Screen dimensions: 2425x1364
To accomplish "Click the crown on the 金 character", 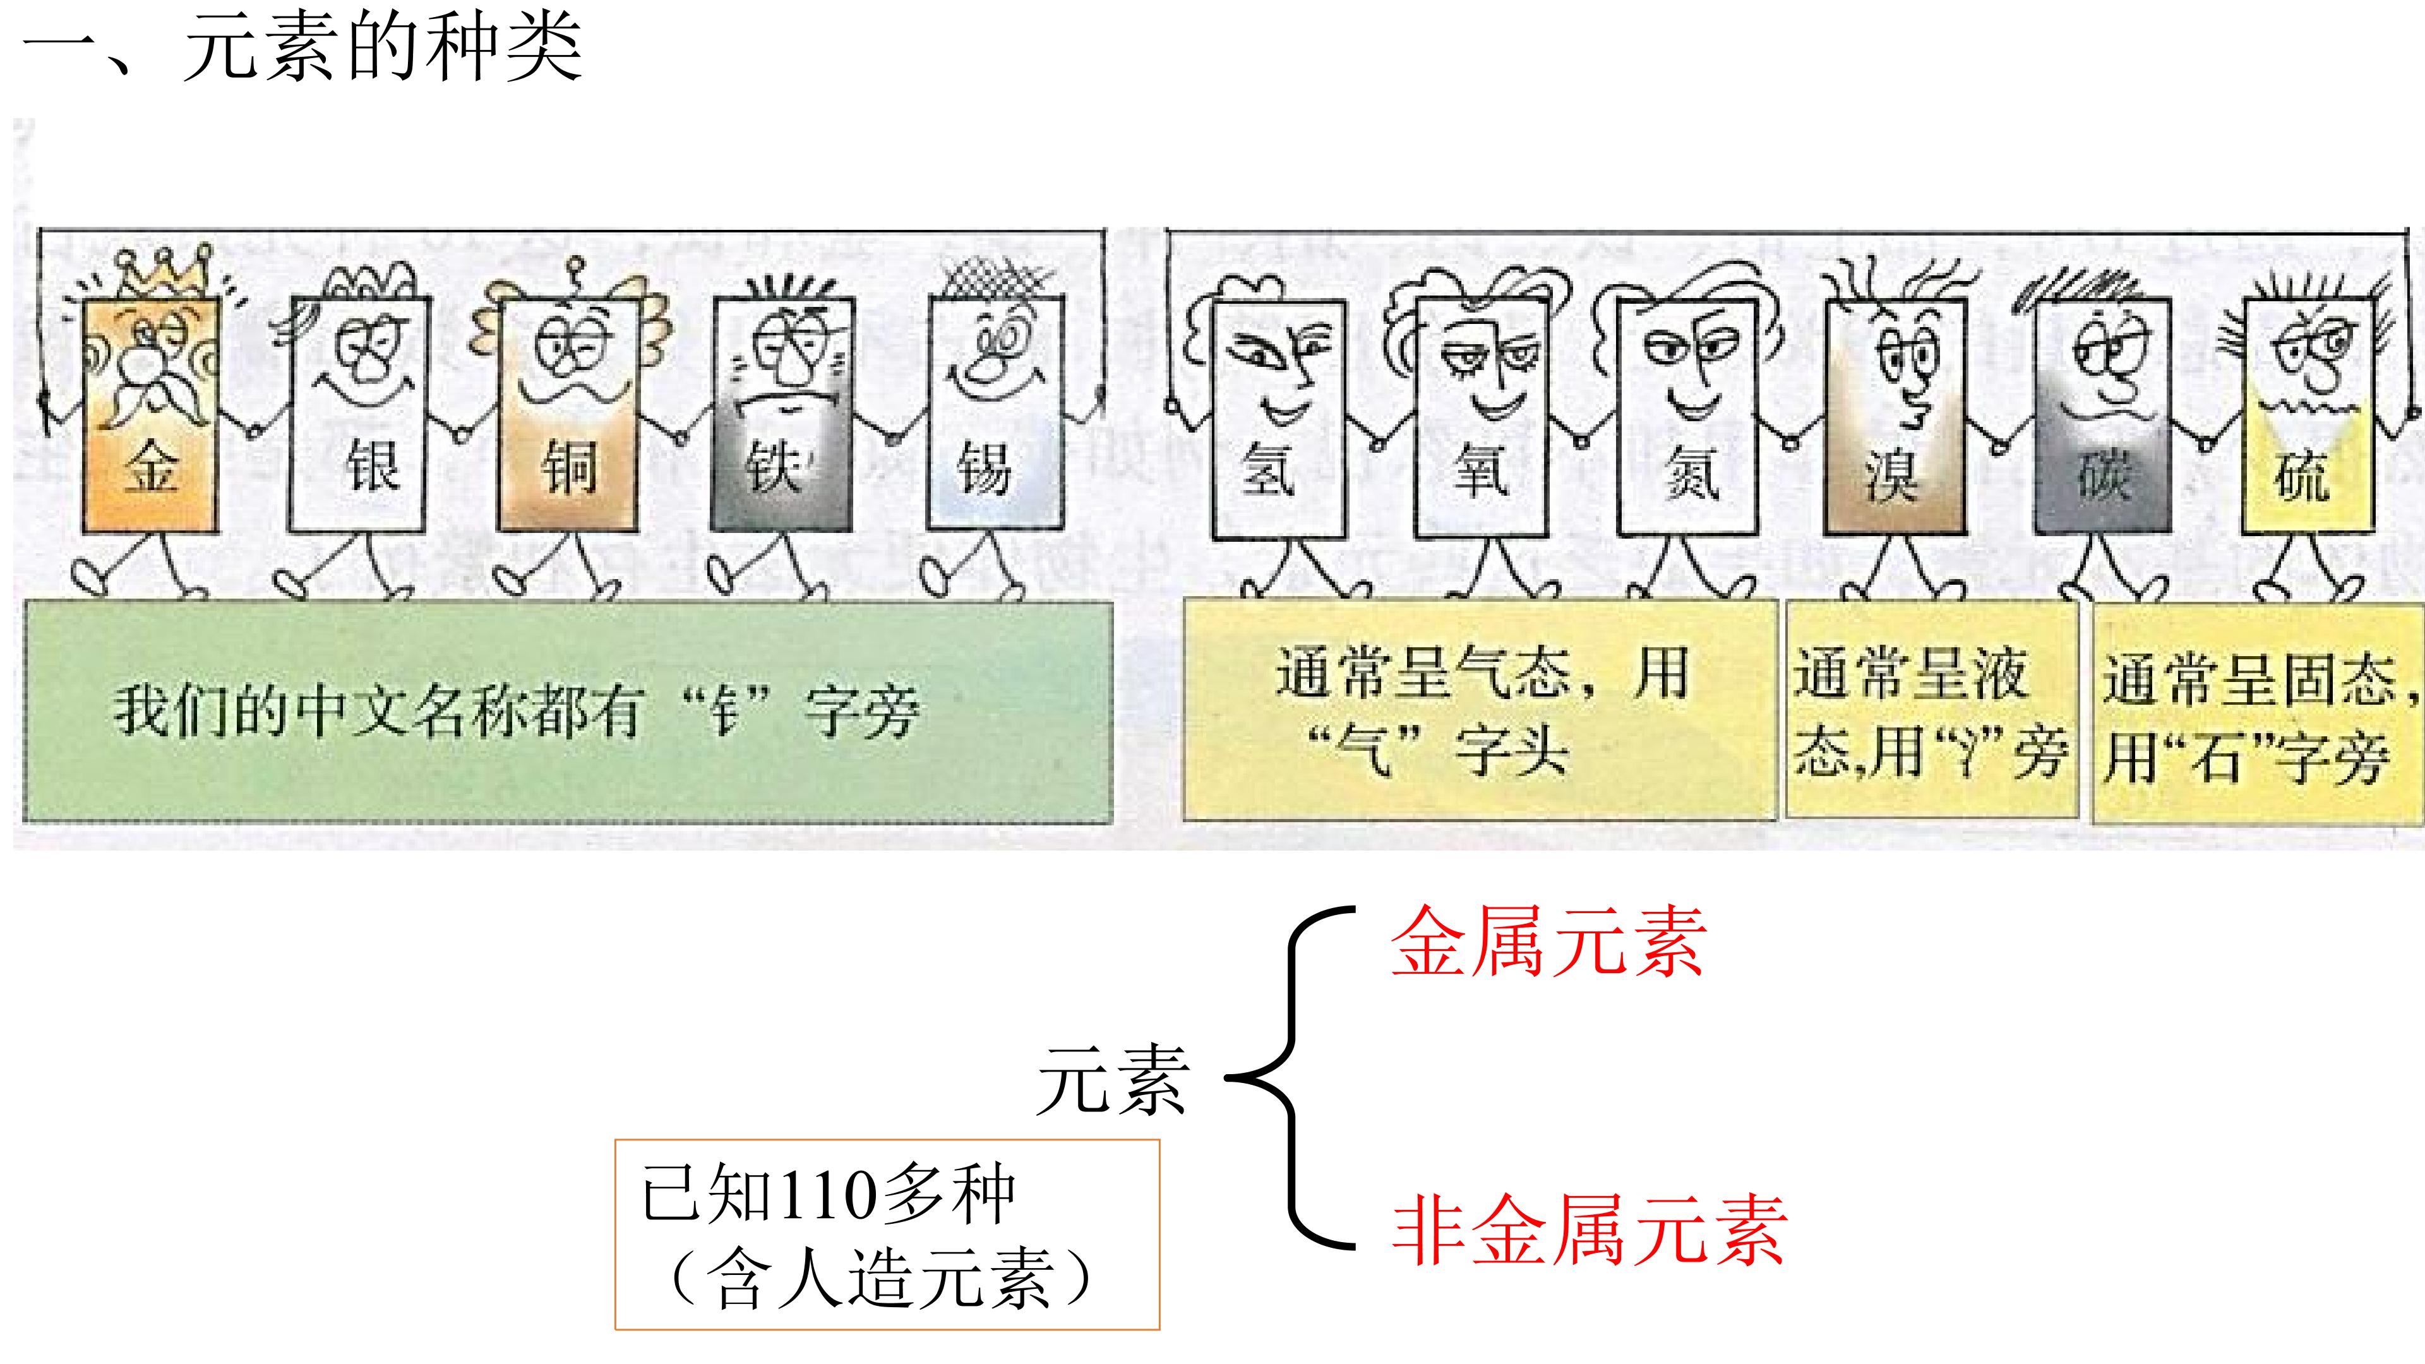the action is (161, 273).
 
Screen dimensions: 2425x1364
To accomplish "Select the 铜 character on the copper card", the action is (568, 468).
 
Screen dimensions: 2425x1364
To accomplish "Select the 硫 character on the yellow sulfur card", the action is (2301, 476).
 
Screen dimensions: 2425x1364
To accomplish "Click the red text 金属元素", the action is (1548, 942).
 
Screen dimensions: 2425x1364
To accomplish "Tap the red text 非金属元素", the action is (1589, 1229).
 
